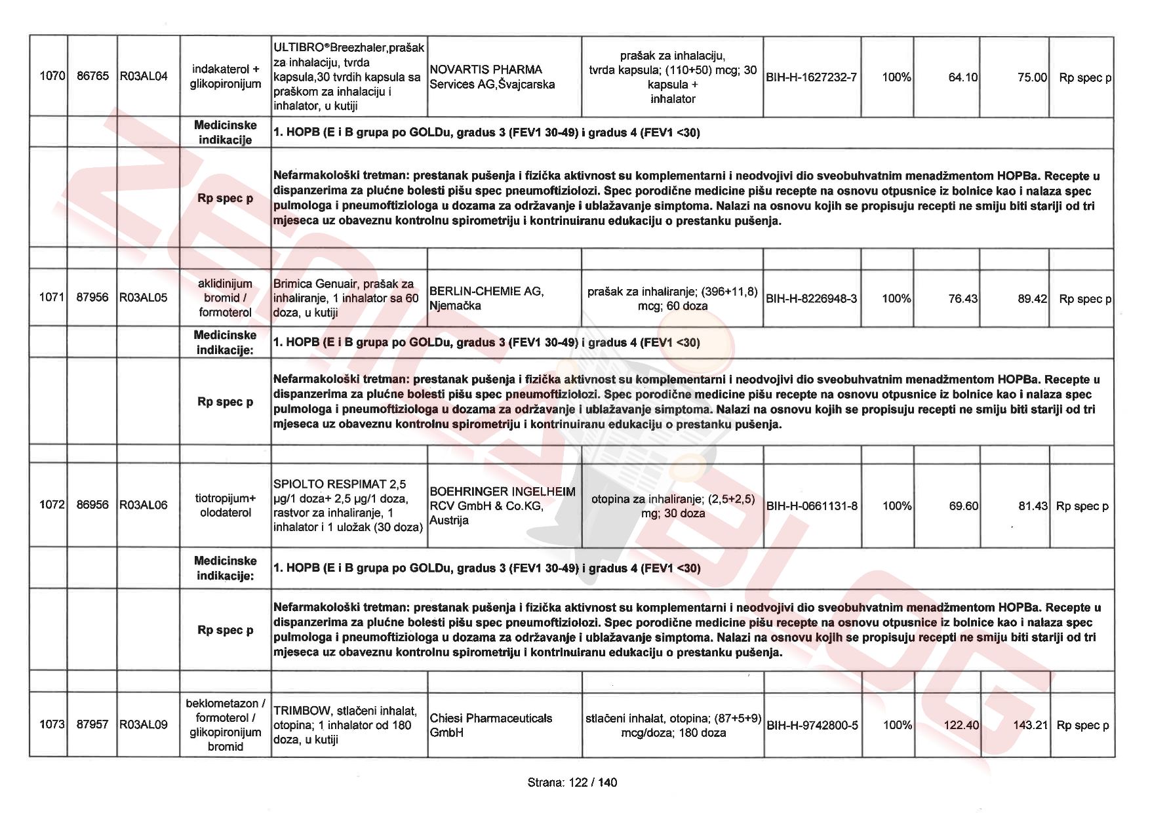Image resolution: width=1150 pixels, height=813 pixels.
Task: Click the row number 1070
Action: (52, 76)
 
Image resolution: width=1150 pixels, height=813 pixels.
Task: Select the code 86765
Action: (92, 76)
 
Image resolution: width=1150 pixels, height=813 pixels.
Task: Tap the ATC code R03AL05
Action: (144, 298)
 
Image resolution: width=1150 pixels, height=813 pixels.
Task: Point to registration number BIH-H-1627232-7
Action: (811, 77)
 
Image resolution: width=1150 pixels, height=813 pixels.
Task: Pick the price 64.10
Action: (962, 77)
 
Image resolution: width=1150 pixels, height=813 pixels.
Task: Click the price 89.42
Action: (1032, 299)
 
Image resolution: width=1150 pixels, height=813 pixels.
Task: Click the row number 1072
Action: (52, 505)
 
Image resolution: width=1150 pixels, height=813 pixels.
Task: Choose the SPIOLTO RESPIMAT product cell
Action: (347, 505)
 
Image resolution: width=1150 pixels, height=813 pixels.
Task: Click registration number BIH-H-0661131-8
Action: (812, 506)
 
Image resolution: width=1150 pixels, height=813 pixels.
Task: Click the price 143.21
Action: (1031, 725)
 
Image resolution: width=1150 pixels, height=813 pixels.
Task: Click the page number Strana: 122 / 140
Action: (572, 782)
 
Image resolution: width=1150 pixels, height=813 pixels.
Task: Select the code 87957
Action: (92, 724)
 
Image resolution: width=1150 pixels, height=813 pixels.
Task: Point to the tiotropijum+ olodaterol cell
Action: (226, 506)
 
